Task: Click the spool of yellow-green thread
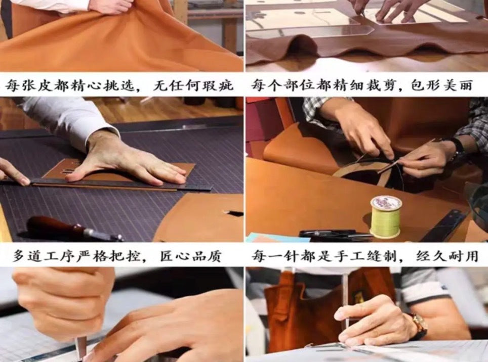386,217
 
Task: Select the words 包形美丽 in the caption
442,85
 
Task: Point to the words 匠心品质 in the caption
190,256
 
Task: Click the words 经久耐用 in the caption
447,256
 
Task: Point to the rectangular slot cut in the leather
234,213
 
